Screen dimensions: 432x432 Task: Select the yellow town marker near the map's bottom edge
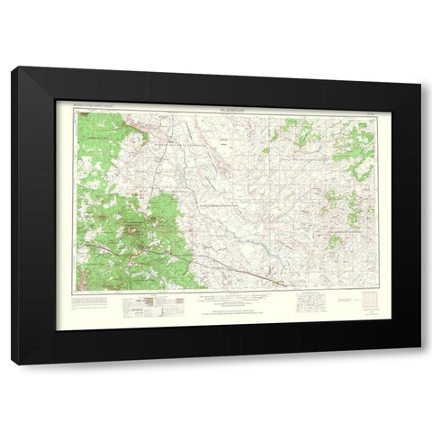point(276,285)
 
